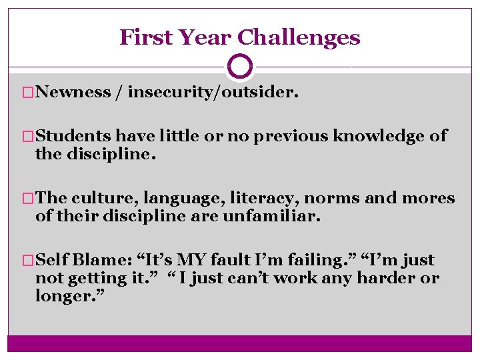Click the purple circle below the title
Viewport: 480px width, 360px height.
click(x=240, y=66)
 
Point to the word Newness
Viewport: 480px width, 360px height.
click(x=73, y=92)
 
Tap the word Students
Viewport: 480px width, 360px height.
click(x=74, y=136)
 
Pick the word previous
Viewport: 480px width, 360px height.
click(x=295, y=137)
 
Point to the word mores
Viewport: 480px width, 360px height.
click(x=431, y=198)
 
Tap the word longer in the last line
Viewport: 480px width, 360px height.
click(x=64, y=295)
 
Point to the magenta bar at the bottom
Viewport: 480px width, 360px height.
click(x=240, y=343)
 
